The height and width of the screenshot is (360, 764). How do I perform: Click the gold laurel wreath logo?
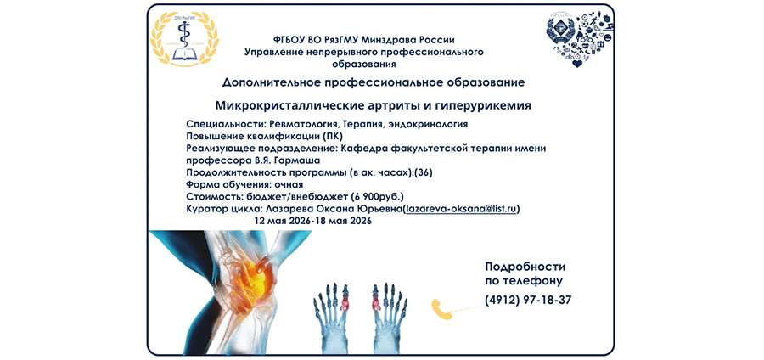pyautogui.click(x=183, y=40)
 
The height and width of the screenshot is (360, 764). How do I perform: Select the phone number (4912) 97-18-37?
pyautogui.click(x=527, y=300)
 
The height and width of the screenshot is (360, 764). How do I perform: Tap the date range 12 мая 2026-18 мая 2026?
pyautogui.click(x=313, y=219)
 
